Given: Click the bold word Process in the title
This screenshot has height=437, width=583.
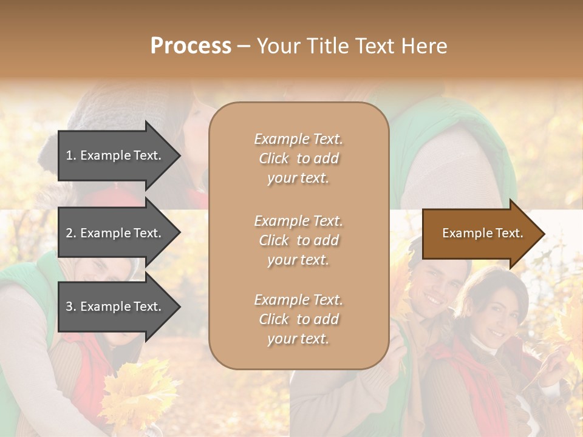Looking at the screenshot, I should [x=191, y=46].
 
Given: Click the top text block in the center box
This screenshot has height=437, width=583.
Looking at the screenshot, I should [x=298, y=158].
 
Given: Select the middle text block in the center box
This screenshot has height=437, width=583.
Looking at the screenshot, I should [x=298, y=240].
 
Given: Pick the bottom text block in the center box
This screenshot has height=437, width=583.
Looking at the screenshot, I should [x=298, y=319].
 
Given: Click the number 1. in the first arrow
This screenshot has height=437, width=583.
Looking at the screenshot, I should [x=70, y=155].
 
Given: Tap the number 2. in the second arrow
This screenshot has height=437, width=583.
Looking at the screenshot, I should [x=70, y=233].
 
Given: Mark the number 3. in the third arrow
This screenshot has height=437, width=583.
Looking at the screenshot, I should [x=70, y=307].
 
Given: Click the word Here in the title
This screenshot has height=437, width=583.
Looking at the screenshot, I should [x=424, y=46].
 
